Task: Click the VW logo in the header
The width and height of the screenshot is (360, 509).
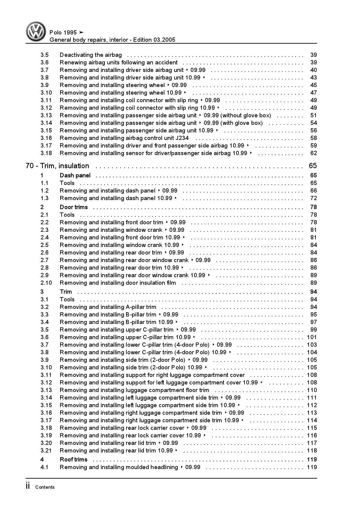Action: [x=36, y=31]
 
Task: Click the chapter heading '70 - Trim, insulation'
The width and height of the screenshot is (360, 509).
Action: [x=58, y=166]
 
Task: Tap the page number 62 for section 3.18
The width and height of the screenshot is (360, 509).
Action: [x=313, y=153]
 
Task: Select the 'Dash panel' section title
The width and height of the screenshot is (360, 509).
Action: [x=75, y=176]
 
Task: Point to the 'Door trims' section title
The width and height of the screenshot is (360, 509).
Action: [x=74, y=207]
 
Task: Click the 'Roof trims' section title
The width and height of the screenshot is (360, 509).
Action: [x=73, y=460]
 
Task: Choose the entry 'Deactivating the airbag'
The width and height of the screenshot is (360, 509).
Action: [x=91, y=55]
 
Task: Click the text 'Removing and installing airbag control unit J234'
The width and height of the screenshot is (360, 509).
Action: [x=124, y=138]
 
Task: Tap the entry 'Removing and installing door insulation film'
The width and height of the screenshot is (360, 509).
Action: [x=118, y=283]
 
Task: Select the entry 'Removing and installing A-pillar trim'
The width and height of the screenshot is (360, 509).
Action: [x=108, y=307]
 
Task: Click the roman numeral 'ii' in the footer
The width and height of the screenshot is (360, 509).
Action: [x=28, y=486]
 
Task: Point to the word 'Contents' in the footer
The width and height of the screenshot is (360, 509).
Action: [x=45, y=487]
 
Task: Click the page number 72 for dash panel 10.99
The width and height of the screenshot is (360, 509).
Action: [x=313, y=198]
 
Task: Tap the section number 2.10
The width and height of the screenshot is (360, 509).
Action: [x=46, y=283]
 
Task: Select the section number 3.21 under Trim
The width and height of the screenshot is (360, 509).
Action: [x=46, y=451]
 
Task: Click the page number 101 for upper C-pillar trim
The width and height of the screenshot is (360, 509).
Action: [x=312, y=337]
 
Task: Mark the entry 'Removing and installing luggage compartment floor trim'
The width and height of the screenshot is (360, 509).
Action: [x=135, y=390]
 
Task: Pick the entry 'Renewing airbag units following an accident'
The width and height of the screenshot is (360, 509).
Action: [x=119, y=63]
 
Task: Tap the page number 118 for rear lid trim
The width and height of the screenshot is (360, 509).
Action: [x=312, y=451]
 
